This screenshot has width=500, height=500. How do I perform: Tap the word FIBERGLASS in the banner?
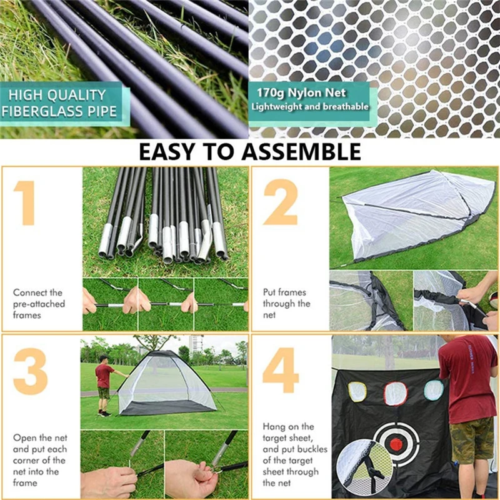(43, 111)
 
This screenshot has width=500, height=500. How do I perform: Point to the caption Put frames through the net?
(286, 304)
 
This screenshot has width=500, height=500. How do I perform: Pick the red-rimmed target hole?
(395, 393)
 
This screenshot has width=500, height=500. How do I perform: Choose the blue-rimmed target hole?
(433, 391)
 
